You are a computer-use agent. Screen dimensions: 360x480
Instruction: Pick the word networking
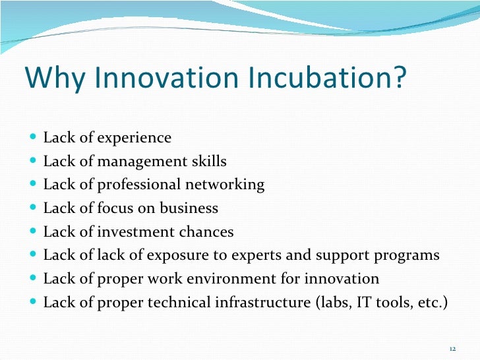click(x=229, y=185)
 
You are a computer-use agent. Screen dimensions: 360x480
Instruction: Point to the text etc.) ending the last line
click(x=431, y=303)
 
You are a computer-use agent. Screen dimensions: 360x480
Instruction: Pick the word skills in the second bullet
click(x=208, y=162)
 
